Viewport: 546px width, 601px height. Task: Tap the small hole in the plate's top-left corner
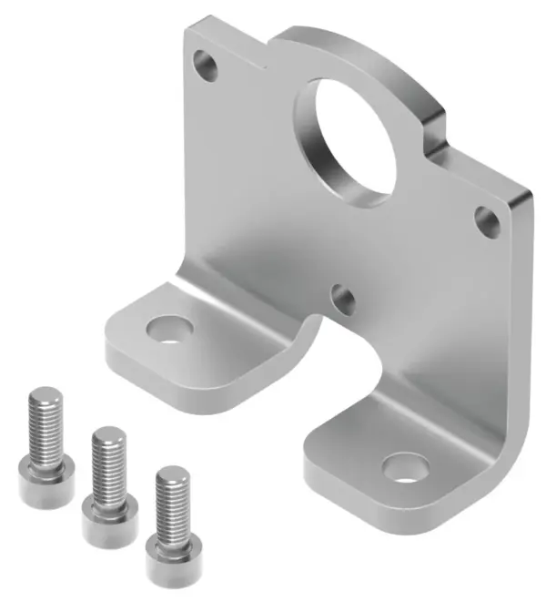pos(207,65)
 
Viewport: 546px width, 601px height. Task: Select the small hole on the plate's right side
pos(485,219)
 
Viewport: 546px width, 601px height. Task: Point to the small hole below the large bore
pos(344,299)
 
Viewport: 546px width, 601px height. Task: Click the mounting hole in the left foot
pos(167,328)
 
